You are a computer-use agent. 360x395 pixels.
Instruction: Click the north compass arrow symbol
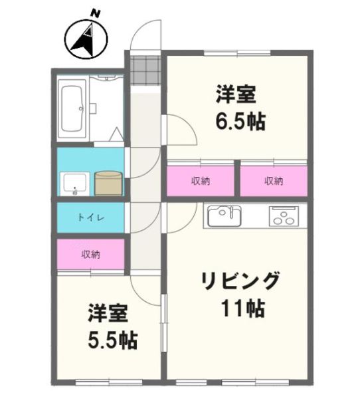point(84,39)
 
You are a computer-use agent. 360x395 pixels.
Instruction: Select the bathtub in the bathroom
point(72,109)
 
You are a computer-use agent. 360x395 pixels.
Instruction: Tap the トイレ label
point(90,217)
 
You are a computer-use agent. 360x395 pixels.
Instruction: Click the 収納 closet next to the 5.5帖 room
point(90,254)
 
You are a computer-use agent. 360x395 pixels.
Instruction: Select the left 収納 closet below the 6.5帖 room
point(200,180)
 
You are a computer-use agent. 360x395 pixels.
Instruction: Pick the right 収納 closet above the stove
point(274,180)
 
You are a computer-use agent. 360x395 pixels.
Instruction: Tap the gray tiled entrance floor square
point(145,70)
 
